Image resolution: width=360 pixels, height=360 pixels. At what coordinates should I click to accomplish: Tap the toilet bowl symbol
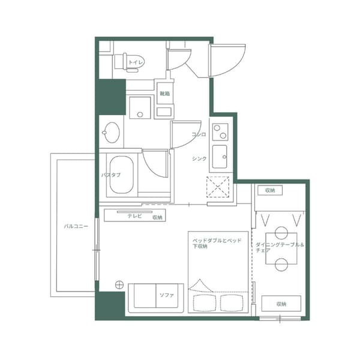[120, 61]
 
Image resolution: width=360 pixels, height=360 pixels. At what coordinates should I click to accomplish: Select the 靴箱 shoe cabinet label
[164, 94]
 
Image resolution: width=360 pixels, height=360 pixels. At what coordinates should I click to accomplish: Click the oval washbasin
[111, 131]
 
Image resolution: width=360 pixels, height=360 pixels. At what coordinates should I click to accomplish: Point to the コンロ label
[199, 134]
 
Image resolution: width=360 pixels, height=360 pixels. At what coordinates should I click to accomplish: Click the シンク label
[199, 158]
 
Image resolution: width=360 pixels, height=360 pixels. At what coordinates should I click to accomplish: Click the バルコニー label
[76, 227]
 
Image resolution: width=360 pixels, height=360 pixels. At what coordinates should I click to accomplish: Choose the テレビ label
[134, 216]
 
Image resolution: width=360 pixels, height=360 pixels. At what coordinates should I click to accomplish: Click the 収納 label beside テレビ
[157, 217]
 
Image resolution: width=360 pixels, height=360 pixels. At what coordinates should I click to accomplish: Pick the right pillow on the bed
[232, 301]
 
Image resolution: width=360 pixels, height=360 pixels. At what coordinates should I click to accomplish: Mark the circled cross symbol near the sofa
[119, 284]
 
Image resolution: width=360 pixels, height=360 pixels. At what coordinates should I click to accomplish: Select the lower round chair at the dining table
[281, 263]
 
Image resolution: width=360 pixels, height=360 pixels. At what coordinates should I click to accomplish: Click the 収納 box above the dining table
[270, 190]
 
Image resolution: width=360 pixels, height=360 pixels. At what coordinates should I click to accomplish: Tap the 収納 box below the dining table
[280, 304]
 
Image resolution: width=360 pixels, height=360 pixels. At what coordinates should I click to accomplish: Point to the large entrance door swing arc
[227, 60]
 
